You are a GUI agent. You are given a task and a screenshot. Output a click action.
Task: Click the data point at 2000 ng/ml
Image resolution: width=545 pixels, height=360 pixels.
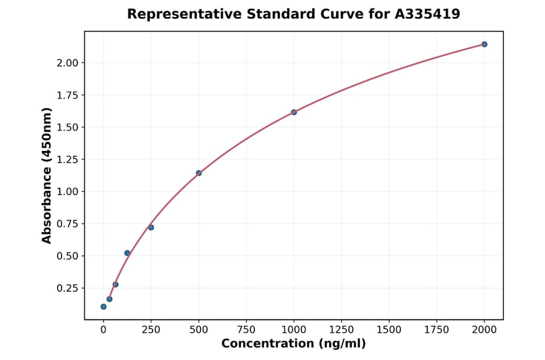(484, 44)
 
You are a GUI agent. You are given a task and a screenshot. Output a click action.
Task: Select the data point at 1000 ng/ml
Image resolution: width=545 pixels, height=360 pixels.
(294, 112)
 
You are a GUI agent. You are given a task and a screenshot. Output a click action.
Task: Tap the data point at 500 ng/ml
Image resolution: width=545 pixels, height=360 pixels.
(199, 173)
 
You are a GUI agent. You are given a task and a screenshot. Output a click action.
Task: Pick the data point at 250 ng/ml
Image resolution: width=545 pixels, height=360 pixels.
(151, 227)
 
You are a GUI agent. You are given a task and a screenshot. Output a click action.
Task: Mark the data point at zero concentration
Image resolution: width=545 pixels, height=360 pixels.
(104, 307)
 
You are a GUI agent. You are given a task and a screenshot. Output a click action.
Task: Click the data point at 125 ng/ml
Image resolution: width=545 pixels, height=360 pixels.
(127, 253)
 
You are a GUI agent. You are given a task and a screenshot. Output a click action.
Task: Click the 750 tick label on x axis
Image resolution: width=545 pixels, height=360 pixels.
(246, 330)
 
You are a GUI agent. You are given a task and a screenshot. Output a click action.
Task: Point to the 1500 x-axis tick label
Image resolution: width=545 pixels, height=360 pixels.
(389, 330)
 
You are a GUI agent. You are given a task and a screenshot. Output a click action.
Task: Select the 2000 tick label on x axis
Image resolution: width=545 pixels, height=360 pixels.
(484, 330)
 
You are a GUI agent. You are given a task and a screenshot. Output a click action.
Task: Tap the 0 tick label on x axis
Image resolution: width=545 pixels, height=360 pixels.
(104, 330)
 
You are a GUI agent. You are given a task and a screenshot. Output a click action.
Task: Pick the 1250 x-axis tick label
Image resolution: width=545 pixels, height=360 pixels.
(342, 330)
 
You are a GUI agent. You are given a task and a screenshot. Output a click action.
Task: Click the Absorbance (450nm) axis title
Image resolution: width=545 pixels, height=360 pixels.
(47, 175)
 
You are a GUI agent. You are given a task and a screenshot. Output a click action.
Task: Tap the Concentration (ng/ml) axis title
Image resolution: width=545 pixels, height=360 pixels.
(294, 344)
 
